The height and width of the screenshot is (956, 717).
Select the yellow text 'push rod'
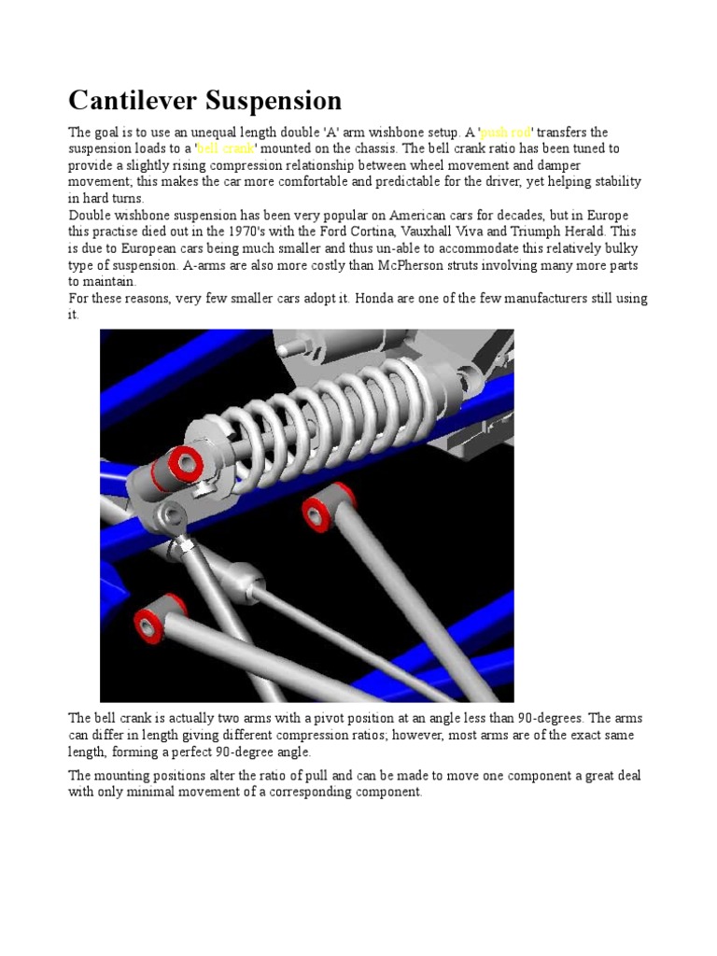point(505,133)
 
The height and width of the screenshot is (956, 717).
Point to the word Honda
point(356,299)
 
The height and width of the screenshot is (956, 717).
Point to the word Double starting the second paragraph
point(91,216)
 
